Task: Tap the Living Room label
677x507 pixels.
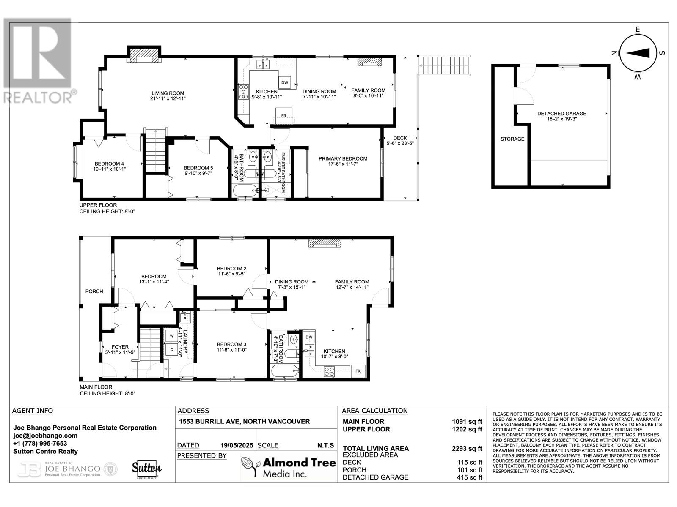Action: point(168,93)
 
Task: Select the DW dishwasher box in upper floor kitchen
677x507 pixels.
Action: point(285,82)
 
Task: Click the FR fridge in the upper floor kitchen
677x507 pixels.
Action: point(284,116)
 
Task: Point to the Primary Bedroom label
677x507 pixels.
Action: point(343,158)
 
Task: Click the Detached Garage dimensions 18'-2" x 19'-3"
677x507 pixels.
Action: point(562,119)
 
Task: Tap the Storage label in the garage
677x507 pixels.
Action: point(512,139)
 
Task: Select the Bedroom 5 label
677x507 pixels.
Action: point(198,168)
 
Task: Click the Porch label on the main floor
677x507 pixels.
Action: point(94,292)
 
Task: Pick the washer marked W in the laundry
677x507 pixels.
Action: point(172,336)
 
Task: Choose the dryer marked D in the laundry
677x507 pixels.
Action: point(172,350)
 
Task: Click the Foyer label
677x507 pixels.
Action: point(120,347)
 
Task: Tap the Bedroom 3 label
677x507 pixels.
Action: point(231,344)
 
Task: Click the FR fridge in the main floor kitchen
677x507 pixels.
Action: point(358,371)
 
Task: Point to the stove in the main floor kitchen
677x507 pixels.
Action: point(329,371)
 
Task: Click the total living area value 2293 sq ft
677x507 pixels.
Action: point(467,449)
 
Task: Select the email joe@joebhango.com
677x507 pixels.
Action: point(45,436)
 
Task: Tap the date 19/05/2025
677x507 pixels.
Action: point(237,445)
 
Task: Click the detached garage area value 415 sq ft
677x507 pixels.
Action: point(469,477)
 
